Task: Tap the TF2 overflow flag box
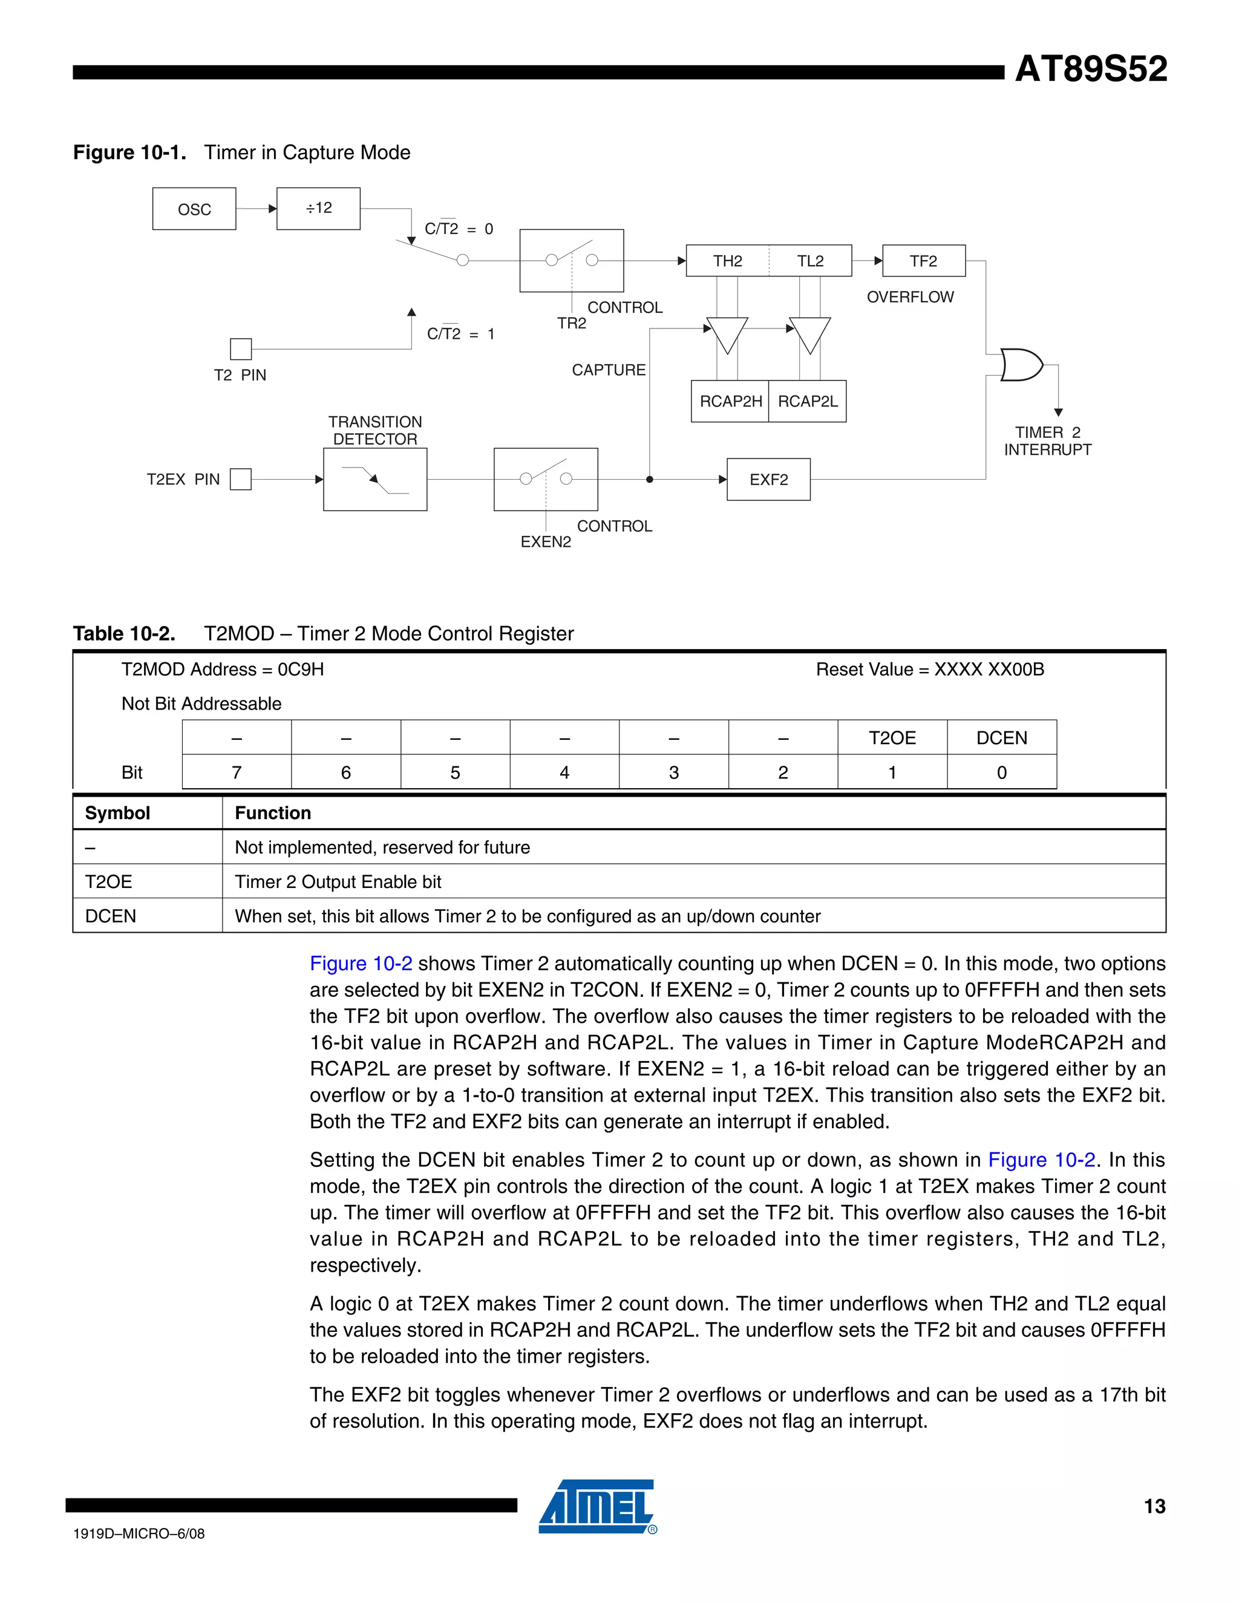923,261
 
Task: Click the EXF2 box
768,479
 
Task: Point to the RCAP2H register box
730,402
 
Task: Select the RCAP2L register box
808,402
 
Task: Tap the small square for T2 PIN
241,348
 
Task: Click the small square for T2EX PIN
241,479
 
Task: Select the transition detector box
375,479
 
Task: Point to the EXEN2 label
545,541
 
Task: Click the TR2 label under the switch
571,323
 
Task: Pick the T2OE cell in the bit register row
892,737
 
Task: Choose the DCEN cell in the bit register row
1001,737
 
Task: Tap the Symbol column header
117,812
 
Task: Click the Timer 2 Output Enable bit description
338,881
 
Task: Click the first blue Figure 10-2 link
361,963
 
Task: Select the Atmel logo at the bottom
597,1507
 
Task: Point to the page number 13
1154,1506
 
